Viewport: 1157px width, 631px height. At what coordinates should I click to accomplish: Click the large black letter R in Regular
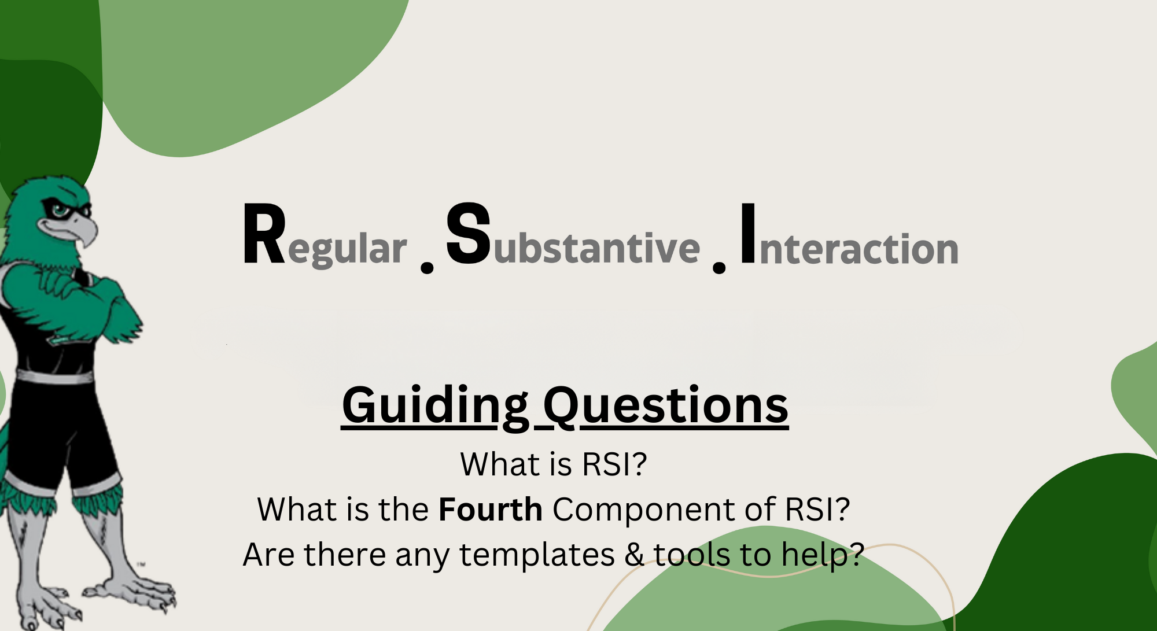tap(264, 234)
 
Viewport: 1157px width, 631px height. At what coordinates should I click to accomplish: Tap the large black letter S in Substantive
tap(469, 234)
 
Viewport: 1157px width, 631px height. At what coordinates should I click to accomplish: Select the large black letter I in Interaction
tap(748, 234)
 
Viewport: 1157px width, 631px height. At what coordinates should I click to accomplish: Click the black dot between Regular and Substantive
tap(427, 267)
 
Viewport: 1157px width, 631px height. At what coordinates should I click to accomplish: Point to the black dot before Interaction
tap(719, 267)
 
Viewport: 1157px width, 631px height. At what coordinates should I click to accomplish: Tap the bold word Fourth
tap(491, 510)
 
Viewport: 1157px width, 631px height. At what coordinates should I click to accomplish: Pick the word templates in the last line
tap(537, 555)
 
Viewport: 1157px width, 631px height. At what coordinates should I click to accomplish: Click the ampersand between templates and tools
tap(635, 555)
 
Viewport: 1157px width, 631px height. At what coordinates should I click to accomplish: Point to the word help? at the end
tap(823, 555)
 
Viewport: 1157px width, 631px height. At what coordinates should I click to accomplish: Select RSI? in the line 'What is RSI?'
tap(614, 464)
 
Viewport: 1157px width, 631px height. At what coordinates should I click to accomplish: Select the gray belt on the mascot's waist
tap(55, 377)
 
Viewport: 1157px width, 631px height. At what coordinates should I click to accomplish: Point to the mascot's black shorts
tap(58, 428)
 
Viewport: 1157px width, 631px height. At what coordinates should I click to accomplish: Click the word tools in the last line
tap(712, 554)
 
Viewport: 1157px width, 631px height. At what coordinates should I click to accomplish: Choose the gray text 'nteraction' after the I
tap(859, 249)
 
